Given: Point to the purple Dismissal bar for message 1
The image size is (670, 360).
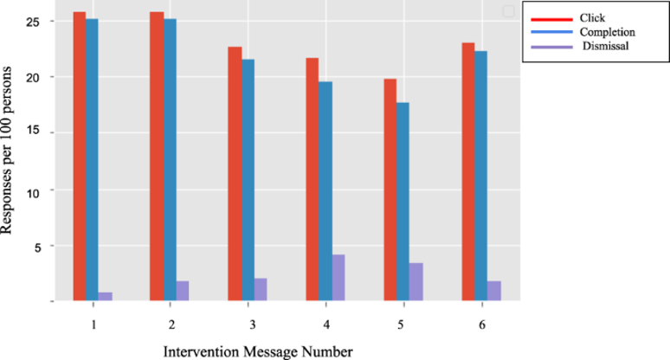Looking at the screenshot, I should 106,296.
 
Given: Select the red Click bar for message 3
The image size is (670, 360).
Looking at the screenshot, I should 235,173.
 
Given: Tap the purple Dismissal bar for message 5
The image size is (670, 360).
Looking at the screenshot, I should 416,281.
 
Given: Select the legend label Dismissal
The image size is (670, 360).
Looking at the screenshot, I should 605,46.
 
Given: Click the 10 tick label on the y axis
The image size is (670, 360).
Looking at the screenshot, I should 46,190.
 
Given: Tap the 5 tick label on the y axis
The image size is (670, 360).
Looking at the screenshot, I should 48,246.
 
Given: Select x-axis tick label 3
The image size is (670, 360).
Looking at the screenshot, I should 252,324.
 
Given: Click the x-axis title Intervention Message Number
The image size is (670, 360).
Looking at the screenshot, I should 258,350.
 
